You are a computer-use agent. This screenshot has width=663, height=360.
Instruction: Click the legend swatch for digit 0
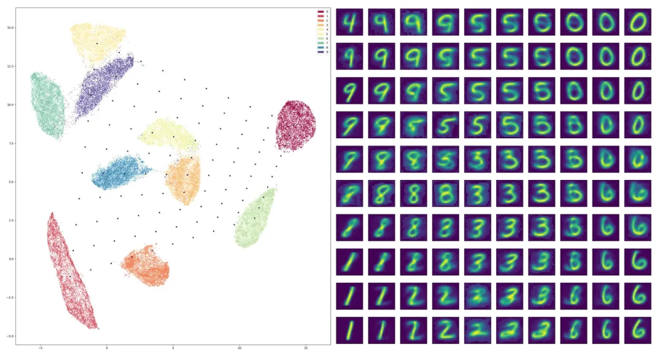(x=320, y=12)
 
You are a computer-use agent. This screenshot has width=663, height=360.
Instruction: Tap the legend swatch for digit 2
(x=320, y=20)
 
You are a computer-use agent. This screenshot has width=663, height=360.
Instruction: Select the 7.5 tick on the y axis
(x=19, y=143)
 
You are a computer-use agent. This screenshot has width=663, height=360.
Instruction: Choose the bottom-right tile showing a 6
(x=637, y=330)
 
